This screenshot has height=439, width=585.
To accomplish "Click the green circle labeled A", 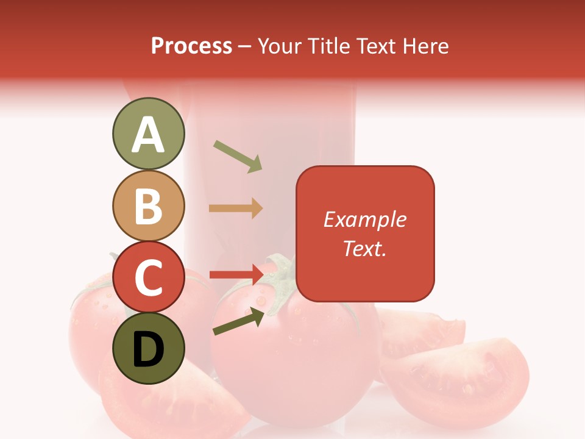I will click(148, 134).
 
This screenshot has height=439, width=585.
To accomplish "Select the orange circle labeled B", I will click(148, 205).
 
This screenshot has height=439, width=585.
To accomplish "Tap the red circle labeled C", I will click(148, 277).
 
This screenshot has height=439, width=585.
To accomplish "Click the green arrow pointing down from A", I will click(238, 156).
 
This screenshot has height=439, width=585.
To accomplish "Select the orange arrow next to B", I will click(236, 208).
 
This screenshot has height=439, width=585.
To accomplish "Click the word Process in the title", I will click(191, 46).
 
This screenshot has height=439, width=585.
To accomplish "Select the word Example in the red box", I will click(364, 220).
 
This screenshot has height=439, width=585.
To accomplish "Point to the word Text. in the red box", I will click(364, 248).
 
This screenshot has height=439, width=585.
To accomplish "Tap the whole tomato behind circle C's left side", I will click(91, 323).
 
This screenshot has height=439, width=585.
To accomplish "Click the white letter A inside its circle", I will click(148, 135).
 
